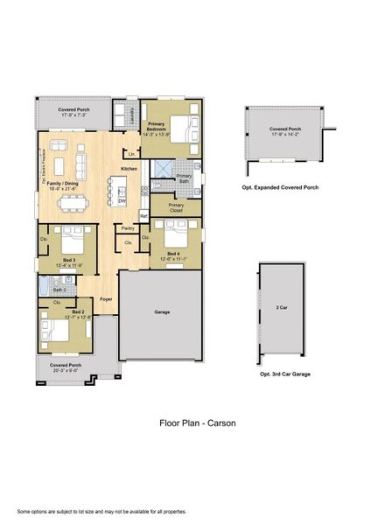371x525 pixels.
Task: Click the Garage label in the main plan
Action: (162, 311)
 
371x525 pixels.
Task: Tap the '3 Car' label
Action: (282, 307)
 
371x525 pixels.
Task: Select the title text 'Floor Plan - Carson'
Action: (197, 423)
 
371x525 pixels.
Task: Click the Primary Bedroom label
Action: (158, 128)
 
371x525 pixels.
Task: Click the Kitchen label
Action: (129, 168)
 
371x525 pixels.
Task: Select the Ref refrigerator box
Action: (143, 214)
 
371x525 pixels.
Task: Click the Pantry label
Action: (128, 228)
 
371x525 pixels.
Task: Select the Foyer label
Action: (105, 298)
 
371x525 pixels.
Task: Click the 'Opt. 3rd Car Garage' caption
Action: (285, 374)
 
